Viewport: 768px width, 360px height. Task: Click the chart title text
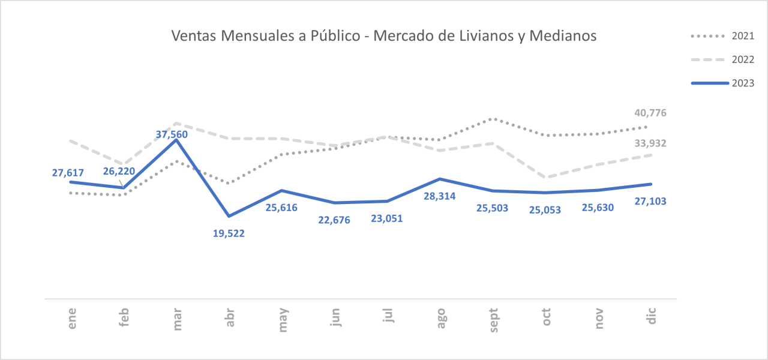[384, 36]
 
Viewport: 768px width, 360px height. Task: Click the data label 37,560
[172, 135]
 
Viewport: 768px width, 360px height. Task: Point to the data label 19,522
[229, 233]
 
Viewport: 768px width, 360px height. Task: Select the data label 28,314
[440, 196]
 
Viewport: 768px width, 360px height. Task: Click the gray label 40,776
[650, 113]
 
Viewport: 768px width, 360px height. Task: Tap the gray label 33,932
[650, 143]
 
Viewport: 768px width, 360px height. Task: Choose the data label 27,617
[68, 173]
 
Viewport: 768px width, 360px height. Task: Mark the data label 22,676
[334, 220]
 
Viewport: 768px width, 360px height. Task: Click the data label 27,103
[650, 201]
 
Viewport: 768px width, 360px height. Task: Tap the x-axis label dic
[652, 316]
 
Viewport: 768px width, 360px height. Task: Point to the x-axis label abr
[230, 317]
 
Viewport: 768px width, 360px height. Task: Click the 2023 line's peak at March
[176, 140]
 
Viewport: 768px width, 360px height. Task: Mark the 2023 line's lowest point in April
[229, 216]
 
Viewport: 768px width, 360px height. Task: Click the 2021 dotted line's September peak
[493, 119]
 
